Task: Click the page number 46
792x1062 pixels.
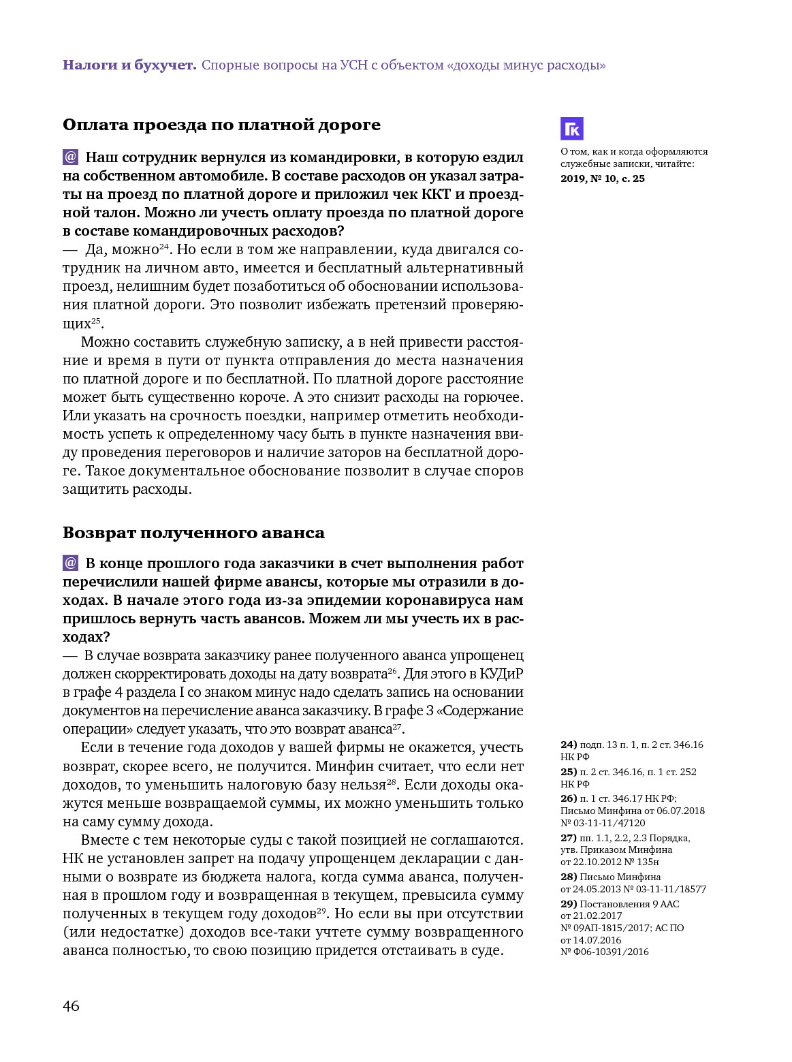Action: tap(71, 1006)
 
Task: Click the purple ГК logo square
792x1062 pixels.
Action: tap(571, 129)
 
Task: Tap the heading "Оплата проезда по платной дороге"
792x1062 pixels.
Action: tap(221, 125)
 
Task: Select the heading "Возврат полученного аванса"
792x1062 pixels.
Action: tap(193, 533)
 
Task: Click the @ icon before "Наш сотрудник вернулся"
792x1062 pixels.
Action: tap(71, 157)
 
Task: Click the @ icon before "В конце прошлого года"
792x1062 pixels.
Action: tap(71, 563)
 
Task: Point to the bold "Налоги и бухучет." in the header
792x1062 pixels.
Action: tap(129, 65)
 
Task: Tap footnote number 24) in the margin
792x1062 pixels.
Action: tap(569, 745)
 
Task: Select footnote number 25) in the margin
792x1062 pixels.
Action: tap(569, 772)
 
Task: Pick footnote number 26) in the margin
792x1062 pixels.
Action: tap(569, 798)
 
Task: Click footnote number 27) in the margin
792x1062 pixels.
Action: tap(569, 838)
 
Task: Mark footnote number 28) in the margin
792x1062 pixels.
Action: tap(569, 877)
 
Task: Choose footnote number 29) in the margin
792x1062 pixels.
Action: tap(569, 904)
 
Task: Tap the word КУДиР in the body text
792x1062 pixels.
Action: tap(501, 674)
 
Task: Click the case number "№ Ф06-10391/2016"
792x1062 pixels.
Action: tap(605, 952)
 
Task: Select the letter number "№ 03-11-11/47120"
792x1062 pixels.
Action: tap(603, 823)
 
